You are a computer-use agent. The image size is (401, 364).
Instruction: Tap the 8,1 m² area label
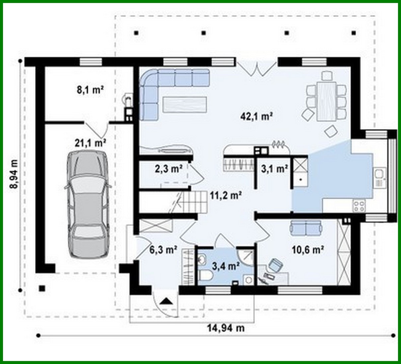91,90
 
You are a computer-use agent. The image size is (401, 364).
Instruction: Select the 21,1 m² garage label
90,143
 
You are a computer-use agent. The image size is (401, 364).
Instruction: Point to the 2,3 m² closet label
169,169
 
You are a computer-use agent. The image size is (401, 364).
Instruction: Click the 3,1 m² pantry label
274,169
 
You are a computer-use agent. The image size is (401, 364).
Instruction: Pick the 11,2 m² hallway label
225,196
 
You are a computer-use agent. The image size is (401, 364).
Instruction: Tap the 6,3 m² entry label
163,250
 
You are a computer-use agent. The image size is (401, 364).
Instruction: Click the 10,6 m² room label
308,249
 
